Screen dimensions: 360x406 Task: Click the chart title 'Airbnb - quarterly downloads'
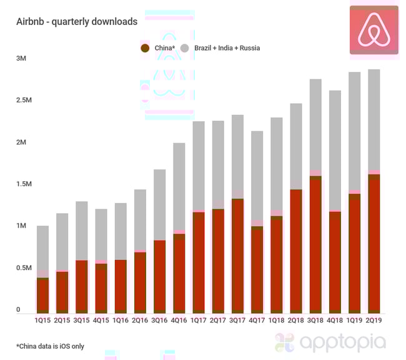click(77, 21)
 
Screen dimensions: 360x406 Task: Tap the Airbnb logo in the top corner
click(374, 30)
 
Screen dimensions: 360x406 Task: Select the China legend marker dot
click(145, 47)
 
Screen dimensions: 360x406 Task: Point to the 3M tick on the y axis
click(21, 58)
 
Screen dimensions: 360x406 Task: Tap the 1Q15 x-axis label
click(43, 321)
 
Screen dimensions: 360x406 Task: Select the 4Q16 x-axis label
click(179, 321)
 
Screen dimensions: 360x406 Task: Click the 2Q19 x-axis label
click(374, 321)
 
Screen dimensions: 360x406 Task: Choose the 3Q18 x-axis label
click(315, 321)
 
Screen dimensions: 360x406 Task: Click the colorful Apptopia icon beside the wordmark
click(284, 342)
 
